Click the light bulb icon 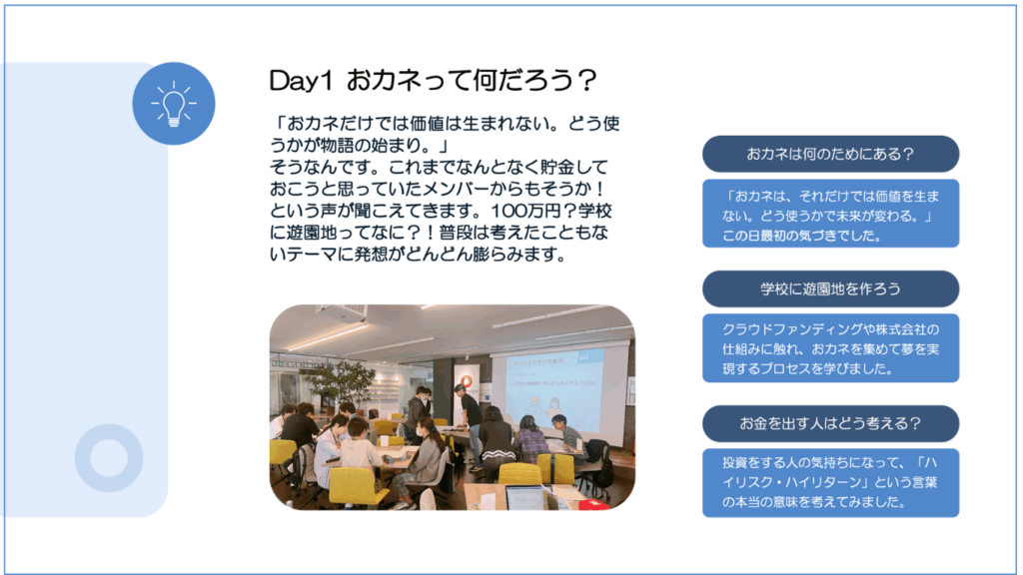174,103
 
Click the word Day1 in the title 301,80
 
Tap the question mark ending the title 586,80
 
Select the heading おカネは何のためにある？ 830,154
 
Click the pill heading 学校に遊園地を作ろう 830,288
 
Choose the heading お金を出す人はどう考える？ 830,423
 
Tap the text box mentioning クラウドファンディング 830,348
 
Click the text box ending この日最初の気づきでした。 830,214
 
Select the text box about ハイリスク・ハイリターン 830,482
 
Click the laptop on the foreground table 525,498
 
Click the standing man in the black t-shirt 470,423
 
